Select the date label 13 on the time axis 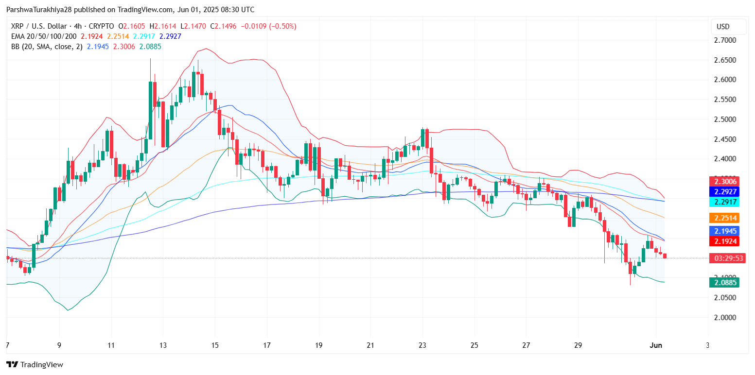click(x=163, y=345)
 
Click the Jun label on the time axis click(x=656, y=345)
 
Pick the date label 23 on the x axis click(x=422, y=345)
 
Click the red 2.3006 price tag click(x=724, y=182)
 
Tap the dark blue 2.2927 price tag click(x=724, y=191)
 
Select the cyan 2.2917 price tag click(x=724, y=202)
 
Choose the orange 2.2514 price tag click(x=724, y=218)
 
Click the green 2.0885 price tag click(x=724, y=282)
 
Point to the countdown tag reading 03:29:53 click(x=724, y=258)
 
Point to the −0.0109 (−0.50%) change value click(x=270, y=26)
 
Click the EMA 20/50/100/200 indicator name click(x=44, y=36)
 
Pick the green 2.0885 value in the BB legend click(x=150, y=47)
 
